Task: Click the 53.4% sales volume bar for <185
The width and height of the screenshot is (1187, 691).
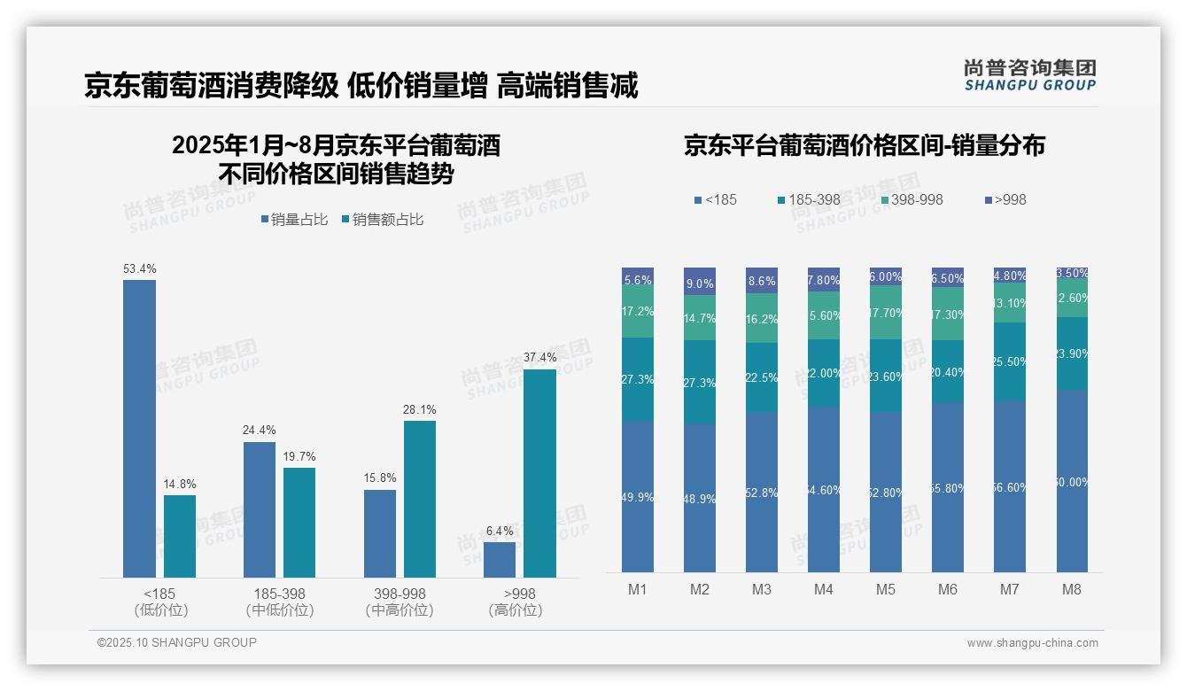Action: point(139,429)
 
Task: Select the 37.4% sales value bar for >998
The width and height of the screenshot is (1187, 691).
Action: point(539,473)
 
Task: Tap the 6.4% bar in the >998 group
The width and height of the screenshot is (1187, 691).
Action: point(500,560)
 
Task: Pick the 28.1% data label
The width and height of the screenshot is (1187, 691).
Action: point(420,410)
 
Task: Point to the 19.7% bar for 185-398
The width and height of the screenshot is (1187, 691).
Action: point(299,523)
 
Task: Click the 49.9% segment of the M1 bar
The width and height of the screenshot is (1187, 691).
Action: point(638,496)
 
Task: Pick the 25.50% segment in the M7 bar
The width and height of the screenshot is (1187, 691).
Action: point(1010,361)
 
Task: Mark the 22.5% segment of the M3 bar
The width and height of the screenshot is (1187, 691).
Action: point(762,377)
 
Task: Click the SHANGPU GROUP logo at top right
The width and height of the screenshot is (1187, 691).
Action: point(1030,75)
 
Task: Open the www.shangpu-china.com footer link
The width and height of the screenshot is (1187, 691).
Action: point(1032,643)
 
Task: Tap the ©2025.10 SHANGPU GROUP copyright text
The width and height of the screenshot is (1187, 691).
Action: point(177,643)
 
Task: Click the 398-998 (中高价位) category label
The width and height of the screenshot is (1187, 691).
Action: point(400,602)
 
